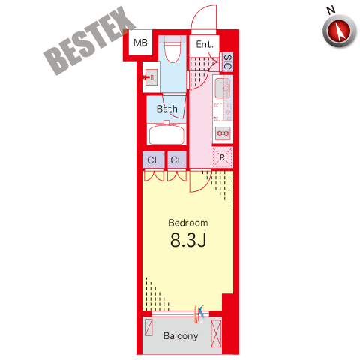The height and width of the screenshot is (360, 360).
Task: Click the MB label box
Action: coord(140,43)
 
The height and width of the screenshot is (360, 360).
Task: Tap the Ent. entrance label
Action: coord(205,44)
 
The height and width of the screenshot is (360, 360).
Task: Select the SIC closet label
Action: coord(227,62)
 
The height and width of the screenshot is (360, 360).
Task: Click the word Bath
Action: coord(167,109)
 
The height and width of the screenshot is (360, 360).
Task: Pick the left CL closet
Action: coord(154,160)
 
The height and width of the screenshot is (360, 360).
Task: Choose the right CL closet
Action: coord(177,160)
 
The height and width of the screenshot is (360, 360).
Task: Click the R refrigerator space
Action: coord(222,157)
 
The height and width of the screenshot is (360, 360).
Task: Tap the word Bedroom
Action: coord(188,223)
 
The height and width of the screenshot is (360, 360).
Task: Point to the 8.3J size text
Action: coord(188,240)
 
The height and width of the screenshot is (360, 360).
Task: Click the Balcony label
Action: coord(181,335)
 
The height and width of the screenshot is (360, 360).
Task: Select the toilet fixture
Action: coord(172,49)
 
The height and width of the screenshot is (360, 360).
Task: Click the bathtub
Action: coord(166,134)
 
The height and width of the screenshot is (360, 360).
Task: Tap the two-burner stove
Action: coord(223,133)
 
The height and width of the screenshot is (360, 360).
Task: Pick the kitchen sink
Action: coord(223,88)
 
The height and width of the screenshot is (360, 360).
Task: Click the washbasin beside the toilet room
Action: coord(151,77)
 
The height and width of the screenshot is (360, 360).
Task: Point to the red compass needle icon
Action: coord(340,31)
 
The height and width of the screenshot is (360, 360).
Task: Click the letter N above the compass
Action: coord(331,10)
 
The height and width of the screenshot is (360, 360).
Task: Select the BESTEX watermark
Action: coord(89,40)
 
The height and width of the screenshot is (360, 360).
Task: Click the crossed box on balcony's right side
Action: coord(216,334)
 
